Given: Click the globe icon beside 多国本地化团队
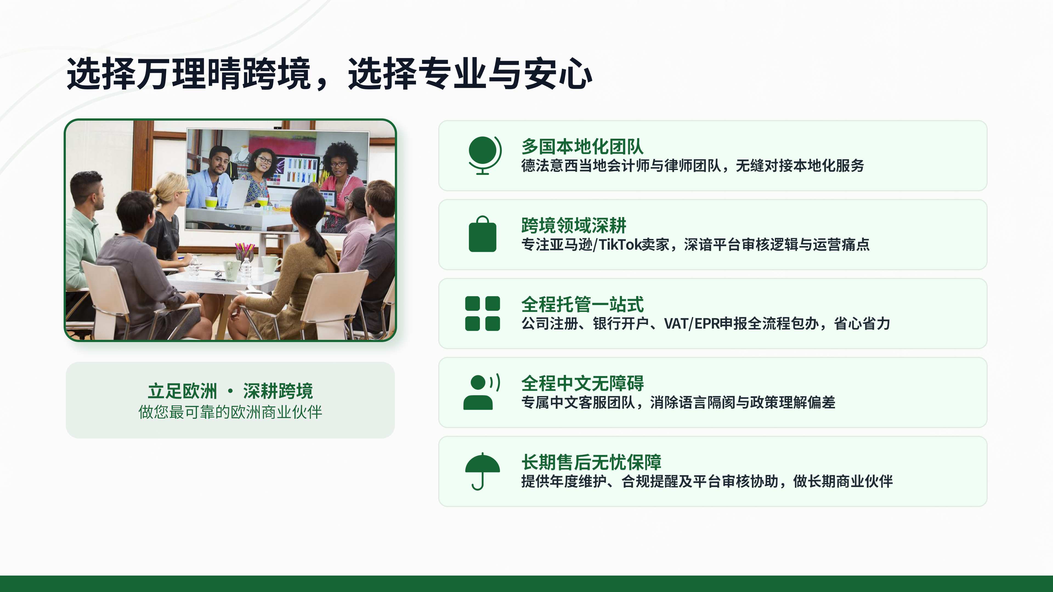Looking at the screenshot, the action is [x=483, y=155].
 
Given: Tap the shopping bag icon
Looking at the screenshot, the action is [x=482, y=234].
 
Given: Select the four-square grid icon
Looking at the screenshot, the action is [x=482, y=313].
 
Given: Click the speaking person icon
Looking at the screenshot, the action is [x=481, y=392].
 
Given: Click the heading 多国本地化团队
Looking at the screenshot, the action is [x=582, y=146].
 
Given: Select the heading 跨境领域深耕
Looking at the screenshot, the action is [x=573, y=225].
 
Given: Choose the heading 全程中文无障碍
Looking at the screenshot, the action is [x=582, y=383].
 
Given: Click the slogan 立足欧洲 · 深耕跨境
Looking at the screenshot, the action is [x=230, y=391].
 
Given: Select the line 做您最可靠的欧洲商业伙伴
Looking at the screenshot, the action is [x=230, y=412].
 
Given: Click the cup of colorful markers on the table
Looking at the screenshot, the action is [x=244, y=253].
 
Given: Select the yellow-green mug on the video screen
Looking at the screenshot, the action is [x=211, y=202].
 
